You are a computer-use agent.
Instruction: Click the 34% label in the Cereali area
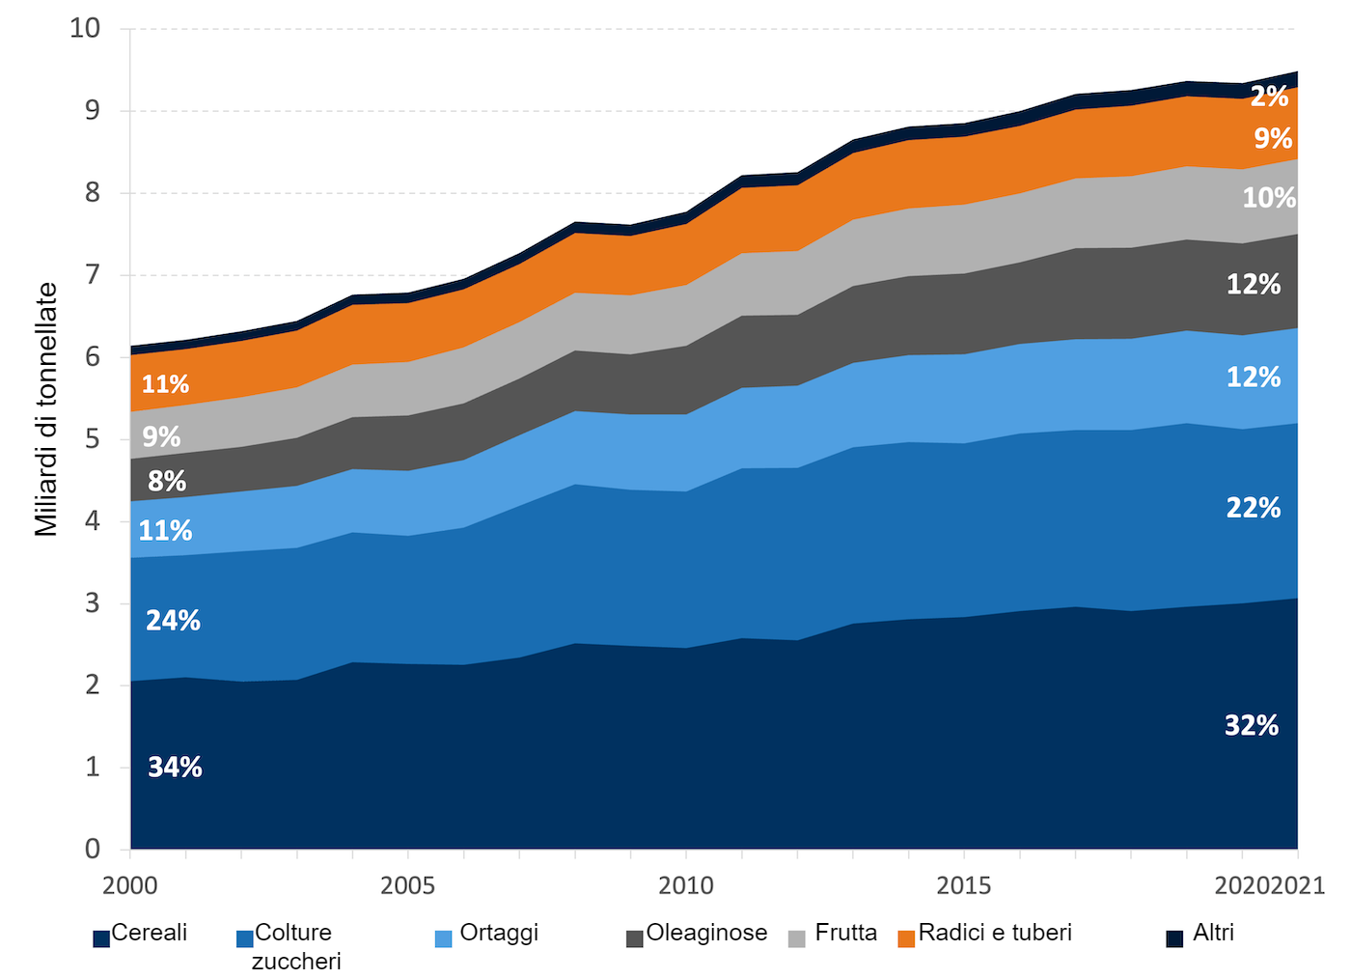175,768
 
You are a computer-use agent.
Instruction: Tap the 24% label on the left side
173,621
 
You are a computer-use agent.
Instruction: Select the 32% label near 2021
1252,726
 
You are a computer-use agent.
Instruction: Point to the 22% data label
1254,508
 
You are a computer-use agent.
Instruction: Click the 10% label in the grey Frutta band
1269,198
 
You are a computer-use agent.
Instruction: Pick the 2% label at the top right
1269,97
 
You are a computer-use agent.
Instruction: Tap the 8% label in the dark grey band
167,481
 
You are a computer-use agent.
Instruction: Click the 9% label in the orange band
1273,138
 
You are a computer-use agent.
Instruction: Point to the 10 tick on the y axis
85,27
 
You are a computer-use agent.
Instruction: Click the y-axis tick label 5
92,439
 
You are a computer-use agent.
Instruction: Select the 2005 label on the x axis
407,885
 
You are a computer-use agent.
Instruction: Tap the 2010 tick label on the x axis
686,885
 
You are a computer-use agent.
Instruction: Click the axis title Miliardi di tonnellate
46,409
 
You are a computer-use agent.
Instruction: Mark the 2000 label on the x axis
130,885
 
